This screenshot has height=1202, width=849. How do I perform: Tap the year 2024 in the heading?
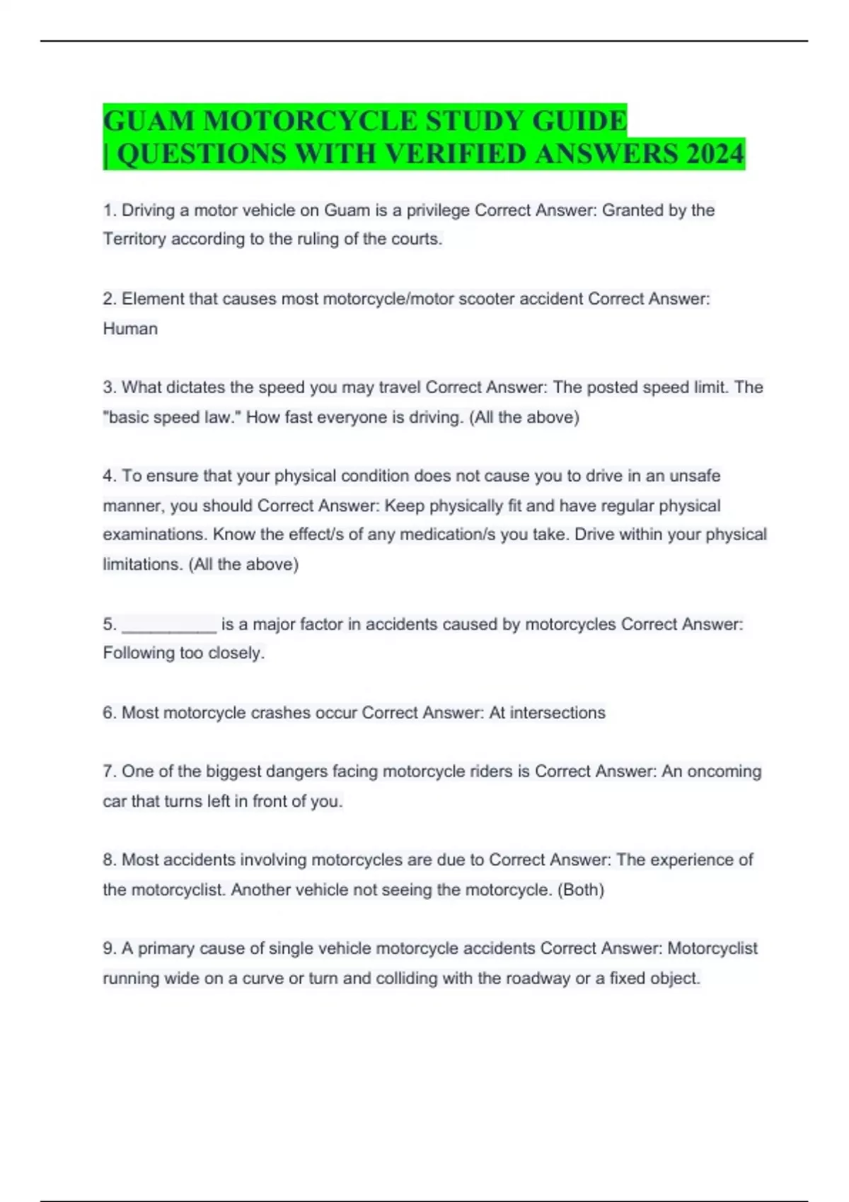715,154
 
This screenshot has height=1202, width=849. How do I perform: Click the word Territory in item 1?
134,239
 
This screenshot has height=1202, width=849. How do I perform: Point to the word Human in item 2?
130,329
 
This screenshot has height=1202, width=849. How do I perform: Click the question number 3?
109,387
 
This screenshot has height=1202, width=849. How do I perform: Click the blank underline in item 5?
169,625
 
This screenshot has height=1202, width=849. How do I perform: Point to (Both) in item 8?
581,889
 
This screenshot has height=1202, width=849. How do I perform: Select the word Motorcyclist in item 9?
712,948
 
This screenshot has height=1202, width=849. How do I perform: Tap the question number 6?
109,713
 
